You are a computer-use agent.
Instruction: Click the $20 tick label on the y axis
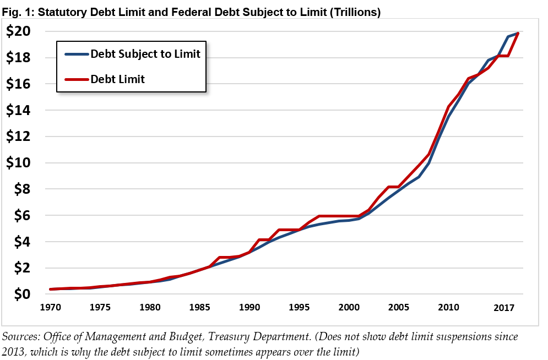tap(19, 32)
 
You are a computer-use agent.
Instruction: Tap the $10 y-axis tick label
tap(19, 163)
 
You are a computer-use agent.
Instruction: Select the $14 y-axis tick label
tap(19, 111)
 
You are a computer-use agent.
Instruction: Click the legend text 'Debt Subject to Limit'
tap(145, 54)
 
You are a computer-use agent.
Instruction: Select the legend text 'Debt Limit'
tap(117, 79)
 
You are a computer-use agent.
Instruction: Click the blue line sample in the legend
tap(75, 54)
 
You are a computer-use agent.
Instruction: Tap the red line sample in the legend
tap(75, 79)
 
